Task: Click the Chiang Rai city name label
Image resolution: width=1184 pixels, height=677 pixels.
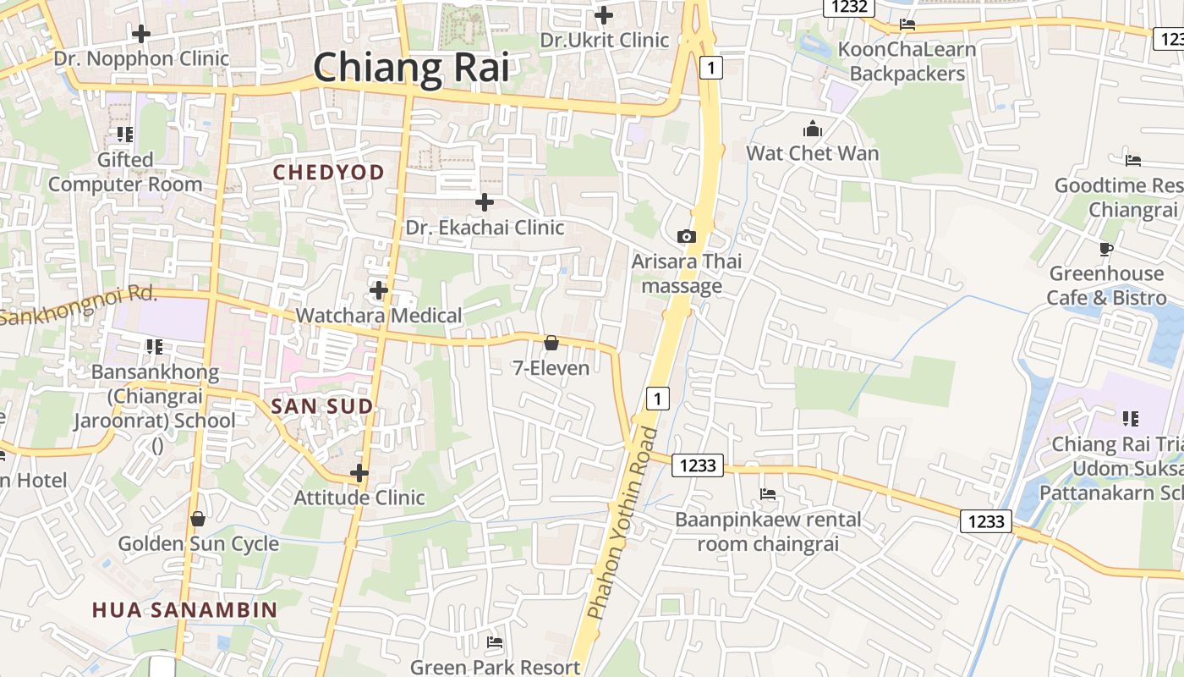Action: pos(412,68)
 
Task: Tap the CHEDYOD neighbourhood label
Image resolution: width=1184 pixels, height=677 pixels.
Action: pos(328,172)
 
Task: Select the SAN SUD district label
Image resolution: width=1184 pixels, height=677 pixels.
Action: pos(321,406)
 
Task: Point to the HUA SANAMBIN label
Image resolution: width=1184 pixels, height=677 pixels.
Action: pos(184,609)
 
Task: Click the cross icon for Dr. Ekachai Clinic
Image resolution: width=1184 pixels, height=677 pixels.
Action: pos(485,202)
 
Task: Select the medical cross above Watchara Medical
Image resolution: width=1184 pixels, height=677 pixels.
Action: pos(379,290)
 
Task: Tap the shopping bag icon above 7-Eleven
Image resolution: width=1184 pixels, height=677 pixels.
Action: pos(551,343)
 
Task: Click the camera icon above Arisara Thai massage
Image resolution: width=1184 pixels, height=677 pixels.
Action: pos(687,236)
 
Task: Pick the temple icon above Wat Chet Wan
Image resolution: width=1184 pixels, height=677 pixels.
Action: pos(813,129)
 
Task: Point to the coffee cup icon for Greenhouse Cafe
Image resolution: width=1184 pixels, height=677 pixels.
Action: pos(1106,249)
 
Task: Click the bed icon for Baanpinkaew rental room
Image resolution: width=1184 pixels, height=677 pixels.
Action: pos(768,494)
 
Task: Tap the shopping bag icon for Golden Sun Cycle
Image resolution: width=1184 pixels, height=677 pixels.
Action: pos(198,519)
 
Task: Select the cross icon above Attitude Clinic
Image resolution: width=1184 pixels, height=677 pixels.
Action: pos(359,472)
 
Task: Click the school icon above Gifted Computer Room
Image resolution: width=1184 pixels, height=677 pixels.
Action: pos(125,135)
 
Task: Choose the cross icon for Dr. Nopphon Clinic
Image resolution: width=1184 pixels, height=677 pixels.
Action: pos(141,34)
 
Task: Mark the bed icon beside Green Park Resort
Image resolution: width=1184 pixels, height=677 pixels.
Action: pos(495,643)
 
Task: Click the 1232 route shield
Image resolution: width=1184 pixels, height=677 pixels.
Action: pos(848,7)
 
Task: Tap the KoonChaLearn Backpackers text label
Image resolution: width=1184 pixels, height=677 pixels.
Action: pos(907,61)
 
